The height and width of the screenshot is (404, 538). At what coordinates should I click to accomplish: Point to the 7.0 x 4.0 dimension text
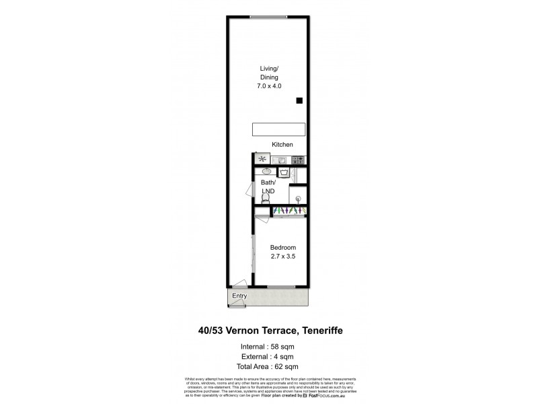coord(269,87)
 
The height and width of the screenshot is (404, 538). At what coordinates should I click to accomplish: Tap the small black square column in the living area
coord(299,101)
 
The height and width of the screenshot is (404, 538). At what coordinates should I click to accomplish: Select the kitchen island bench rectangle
coord(278,129)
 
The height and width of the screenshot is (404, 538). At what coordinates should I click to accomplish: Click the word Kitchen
coord(282,145)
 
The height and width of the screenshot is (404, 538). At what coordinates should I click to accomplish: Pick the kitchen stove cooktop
coord(298,160)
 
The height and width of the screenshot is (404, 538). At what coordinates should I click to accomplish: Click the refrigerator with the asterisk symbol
coord(262,160)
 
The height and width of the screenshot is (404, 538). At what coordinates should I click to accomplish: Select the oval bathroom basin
coord(263,172)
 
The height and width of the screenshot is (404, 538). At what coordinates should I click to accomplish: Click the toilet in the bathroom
coord(264,198)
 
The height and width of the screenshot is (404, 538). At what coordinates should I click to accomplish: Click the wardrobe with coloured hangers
coord(289,211)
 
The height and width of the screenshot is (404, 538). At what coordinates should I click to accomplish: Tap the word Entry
coord(239,296)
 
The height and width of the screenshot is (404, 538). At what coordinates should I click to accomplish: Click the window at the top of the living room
coord(268,16)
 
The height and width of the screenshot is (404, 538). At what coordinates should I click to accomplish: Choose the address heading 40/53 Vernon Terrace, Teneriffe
coord(268,331)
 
